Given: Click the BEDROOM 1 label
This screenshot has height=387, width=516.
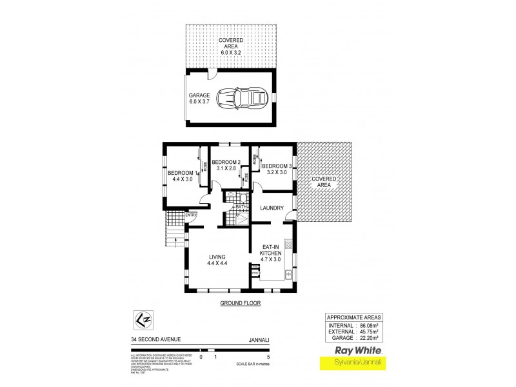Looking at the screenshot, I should (181, 176).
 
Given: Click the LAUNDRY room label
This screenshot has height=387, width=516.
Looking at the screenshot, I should (272, 208).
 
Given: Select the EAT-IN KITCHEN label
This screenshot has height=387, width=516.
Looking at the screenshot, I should (272, 254).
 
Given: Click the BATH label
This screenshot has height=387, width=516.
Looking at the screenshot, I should (232, 207).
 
